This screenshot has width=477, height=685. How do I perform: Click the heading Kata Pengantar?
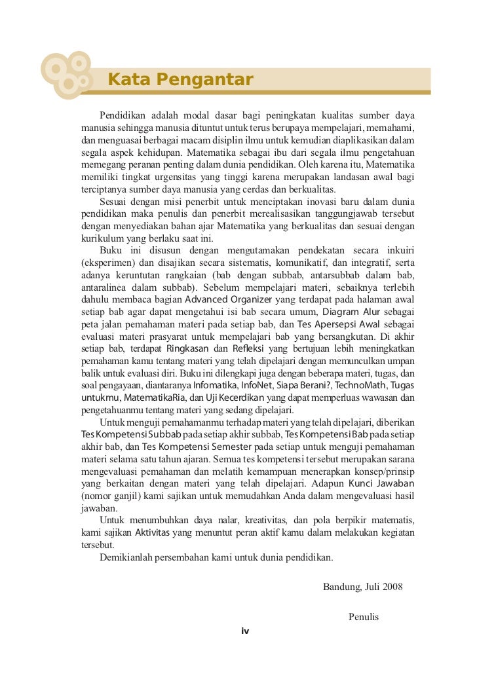tap(180, 80)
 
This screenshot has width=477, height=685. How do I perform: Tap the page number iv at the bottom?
tap(246, 631)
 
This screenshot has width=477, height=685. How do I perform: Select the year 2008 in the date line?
tap(391, 586)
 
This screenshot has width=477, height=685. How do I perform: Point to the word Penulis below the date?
tap(364, 617)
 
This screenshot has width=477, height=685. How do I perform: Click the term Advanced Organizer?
tap(228, 299)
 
